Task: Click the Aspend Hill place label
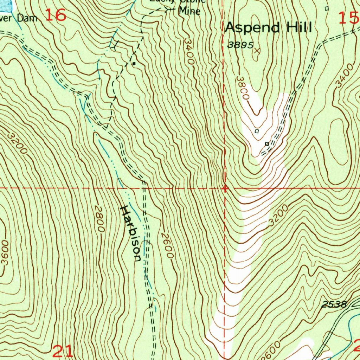click(x=269, y=27)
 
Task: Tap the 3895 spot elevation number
click(x=240, y=45)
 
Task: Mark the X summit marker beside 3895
click(x=257, y=51)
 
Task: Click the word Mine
click(x=189, y=11)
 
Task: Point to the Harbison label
click(x=130, y=234)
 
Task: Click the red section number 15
click(x=348, y=18)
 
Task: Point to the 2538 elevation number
click(x=334, y=304)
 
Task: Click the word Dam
click(x=28, y=18)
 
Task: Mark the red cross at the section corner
click(x=225, y=189)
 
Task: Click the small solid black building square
click(x=134, y=64)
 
